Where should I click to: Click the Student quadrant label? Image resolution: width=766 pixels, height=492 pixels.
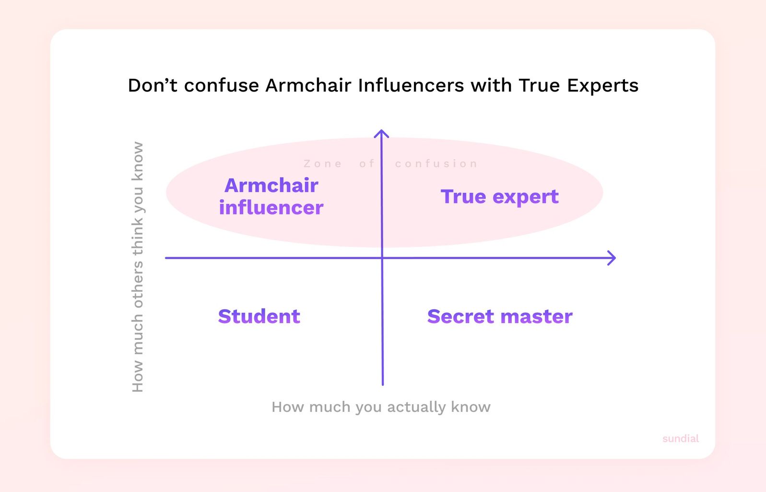(x=259, y=316)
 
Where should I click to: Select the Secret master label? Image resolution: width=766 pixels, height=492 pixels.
(x=500, y=316)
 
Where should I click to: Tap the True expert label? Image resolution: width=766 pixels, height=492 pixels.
(x=499, y=196)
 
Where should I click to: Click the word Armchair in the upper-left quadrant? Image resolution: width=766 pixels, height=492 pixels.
(x=271, y=185)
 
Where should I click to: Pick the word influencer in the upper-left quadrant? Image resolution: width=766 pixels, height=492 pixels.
(x=271, y=207)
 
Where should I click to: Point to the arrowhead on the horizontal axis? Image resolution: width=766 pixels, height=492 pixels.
(x=612, y=258)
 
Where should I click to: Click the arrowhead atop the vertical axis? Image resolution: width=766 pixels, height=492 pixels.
(x=381, y=133)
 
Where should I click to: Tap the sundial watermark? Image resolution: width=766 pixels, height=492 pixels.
(x=680, y=438)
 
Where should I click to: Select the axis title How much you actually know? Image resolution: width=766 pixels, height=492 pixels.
(x=381, y=407)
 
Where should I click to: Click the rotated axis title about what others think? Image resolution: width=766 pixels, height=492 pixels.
(x=138, y=266)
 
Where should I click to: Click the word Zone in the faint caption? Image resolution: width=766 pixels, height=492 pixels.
(x=323, y=164)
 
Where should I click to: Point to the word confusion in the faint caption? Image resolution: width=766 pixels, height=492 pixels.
(x=436, y=164)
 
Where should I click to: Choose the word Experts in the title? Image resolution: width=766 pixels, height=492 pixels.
(x=602, y=85)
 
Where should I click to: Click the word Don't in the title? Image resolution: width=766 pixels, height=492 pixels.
(x=153, y=85)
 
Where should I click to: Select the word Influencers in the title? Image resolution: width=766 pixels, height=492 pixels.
(x=411, y=85)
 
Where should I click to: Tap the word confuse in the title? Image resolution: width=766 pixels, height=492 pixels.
(x=222, y=85)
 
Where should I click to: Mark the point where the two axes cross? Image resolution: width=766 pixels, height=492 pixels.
(x=382, y=258)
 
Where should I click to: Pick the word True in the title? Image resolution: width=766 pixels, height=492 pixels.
(x=539, y=85)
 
